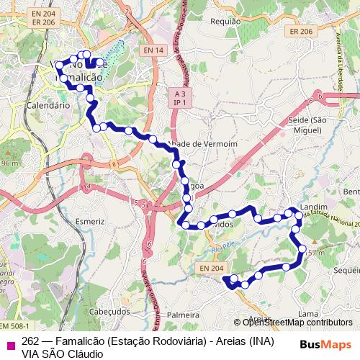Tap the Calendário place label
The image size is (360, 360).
[x=48, y=104]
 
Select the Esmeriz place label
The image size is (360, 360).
[x=89, y=221]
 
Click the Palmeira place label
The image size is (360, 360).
[x=182, y=315]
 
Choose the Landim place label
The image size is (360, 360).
[x=313, y=207]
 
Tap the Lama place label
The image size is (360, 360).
[x=307, y=314]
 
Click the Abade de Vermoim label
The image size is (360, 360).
[x=192, y=144]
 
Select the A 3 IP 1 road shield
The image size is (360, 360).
[x=180, y=98]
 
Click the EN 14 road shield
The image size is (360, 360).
[x=153, y=50]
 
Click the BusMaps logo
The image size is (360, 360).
[x=325, y=344]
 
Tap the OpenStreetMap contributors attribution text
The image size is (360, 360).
[x=297, y=323]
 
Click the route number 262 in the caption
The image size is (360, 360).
[x=30, y=341]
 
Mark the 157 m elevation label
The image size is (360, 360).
[x=315, y=253]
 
